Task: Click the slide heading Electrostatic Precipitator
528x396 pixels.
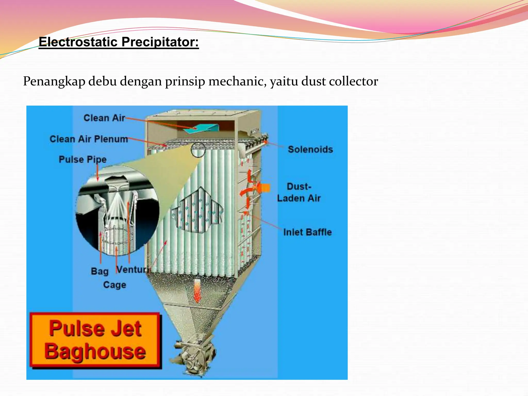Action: (x=119, y=42)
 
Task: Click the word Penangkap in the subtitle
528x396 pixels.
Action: (x=54, y=81)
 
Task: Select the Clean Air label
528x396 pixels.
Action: (x=104, y=118)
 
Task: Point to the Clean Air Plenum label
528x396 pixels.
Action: (x=89, y=139)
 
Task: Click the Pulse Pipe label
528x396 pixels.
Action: (x=82, y=159)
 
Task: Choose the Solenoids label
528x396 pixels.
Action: (x=310, y=150)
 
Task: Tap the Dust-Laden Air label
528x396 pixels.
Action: (x=299, y=192)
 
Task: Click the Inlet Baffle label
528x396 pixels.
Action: (x=307, y=232)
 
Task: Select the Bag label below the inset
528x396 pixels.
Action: (x=100, y=271)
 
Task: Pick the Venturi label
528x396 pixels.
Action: (x=133, y=270)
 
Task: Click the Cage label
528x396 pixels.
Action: (x=115, y=285)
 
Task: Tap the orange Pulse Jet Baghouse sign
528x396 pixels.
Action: (x=95, y=340)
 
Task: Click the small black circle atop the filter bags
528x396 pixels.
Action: (x=198, y=150)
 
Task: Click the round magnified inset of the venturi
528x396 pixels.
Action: (x=117, y=210)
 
